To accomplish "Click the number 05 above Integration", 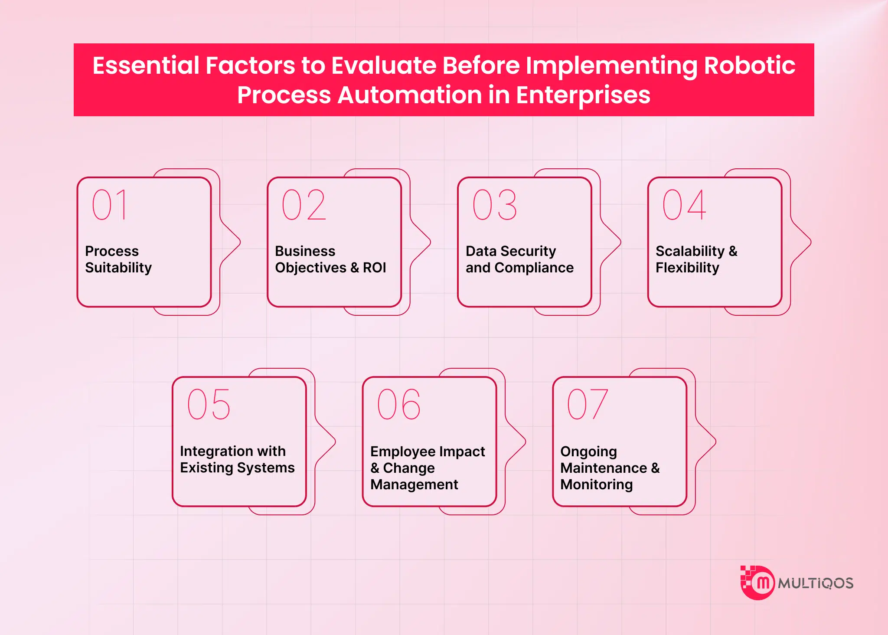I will tap(209, 404).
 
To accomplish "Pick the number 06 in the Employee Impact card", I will tap(399, 404).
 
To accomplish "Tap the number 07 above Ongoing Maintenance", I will tap(588, 404).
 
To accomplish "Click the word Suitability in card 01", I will tap(118, 268).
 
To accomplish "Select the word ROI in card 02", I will tap(374, 268).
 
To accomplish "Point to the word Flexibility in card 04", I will tap(687, 268).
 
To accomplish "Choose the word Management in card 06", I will tap(414, 484).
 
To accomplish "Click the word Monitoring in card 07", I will tap(596, 484).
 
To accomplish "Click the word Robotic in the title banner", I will tap(749, 65).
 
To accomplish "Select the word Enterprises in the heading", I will tap(583, 95).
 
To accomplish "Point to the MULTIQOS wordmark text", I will tap(815, 583).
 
